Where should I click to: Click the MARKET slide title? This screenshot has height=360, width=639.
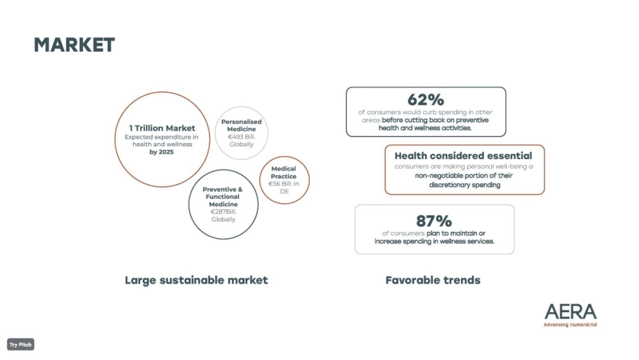click(75, 45)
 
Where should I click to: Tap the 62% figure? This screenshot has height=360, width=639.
click(425, 100)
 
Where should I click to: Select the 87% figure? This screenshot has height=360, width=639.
click(434, 221)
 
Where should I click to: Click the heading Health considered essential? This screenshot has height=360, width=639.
click(463, 156)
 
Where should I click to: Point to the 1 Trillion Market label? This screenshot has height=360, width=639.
click(162, 128)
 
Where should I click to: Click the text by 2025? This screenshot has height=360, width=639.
click(161, 152)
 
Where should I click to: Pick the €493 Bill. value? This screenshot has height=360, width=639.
click(241, 136)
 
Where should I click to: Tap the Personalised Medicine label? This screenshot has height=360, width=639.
click(241, 125)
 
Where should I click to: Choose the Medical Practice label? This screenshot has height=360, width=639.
click(284, 173)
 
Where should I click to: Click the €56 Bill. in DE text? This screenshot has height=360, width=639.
click(284, 187)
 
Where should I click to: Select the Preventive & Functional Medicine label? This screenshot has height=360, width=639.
click(223, 197)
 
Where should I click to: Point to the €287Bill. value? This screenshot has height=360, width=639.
click(224, 212)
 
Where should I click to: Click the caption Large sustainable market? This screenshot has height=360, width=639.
click(196, 281)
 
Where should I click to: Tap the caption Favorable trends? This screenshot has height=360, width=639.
click(433, 280)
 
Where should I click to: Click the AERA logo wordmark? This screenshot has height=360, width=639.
click(571, 312)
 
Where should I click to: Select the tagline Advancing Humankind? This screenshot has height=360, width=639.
click(570, 325)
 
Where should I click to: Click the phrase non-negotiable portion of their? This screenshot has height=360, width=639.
click(464, 176)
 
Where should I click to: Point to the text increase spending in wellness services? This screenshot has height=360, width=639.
click(434, 241)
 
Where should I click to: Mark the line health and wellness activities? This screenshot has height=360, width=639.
click(425, 128)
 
